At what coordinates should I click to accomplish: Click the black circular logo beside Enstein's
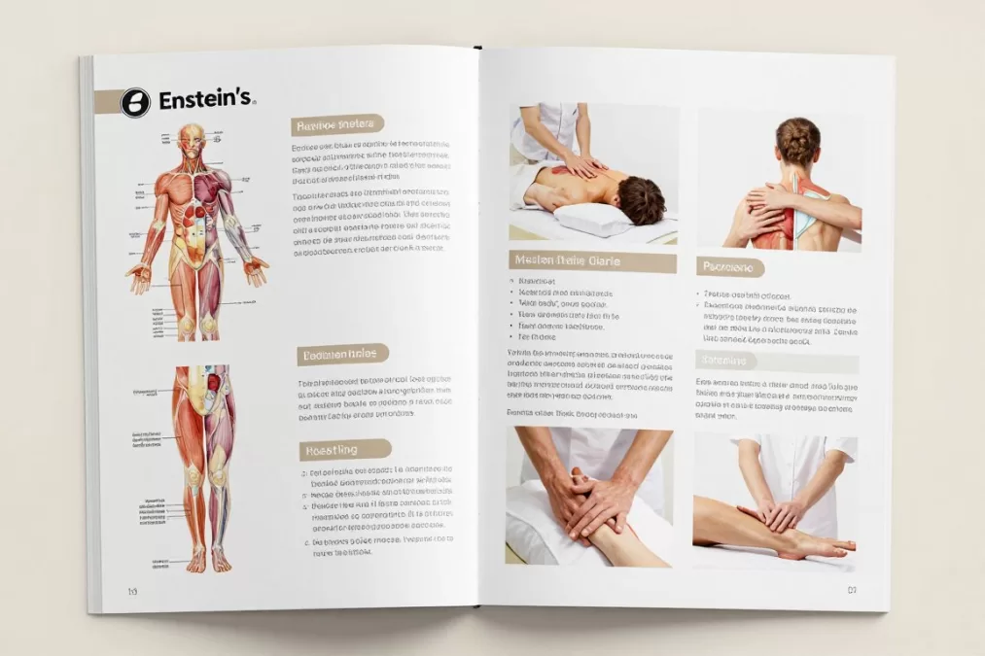(x=135, y=102)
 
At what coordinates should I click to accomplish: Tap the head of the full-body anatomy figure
(x=193, y=137)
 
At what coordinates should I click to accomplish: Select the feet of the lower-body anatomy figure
(x=209, y=560)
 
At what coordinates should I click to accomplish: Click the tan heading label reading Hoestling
(x=345, y=449)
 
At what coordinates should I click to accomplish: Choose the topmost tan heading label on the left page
(x=337, y=124)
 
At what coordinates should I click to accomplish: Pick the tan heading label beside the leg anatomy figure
(x=342, y=355)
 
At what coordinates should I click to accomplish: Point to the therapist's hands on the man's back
(x=583, y=166)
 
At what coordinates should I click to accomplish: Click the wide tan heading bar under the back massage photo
(x=592, y=261)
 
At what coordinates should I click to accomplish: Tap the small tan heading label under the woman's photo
(x=730, y=267)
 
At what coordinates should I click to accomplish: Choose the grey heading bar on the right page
(x=777, y=362)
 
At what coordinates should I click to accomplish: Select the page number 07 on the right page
(x=852, y=589)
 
